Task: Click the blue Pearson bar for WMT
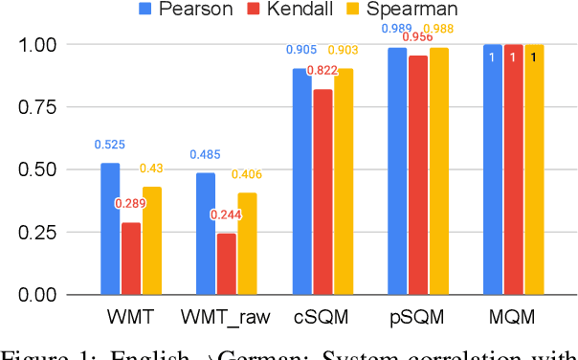(110, 229)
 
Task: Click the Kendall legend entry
(284, 11)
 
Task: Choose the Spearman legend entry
(393, 11)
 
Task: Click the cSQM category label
(322, 317)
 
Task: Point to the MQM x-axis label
(513, 317)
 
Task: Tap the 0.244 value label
(227, 214)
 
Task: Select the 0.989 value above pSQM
(395, 29)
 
